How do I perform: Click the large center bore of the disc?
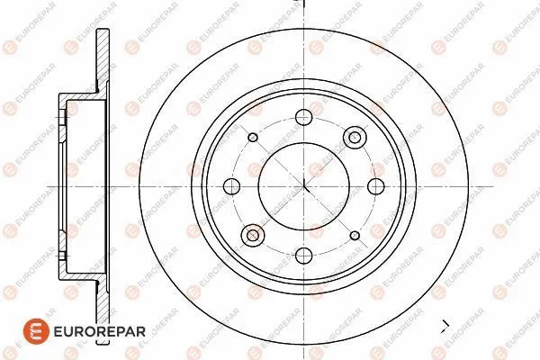click(x=304, y=186)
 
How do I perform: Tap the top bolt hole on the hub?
click(x=304, y=117)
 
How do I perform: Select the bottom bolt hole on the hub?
click(x=304, y=256)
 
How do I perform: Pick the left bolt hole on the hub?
click(x=231, y=186)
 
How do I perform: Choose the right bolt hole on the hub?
click(x=375, y=186)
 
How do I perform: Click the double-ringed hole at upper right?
click(x=355, y=138)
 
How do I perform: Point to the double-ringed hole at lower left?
click(x=253, y=235)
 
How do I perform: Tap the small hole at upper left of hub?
click(x=253, y=138)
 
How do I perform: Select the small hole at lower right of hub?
click(x=355, y=236)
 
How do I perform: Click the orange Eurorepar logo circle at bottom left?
click(x=36, y=331)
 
